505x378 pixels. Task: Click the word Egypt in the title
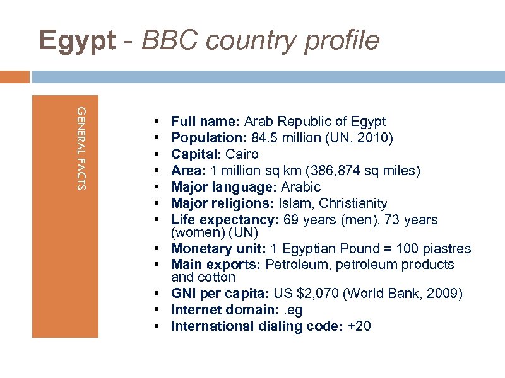click(77, 40)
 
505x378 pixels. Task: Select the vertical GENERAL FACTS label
click(81, 148)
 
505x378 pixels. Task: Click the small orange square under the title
click(15, 76)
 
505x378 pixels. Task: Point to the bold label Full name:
click(206, 122)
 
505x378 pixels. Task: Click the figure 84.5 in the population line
click(266, 138)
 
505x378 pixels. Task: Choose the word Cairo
click(242, 154)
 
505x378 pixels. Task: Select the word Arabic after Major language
click(300, 187)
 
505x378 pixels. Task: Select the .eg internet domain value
click(294, 310)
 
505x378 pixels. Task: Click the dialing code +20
click(359, 326)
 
